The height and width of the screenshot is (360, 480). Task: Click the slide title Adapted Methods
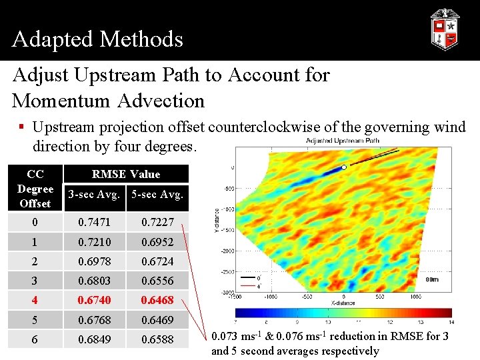(x=97, y=39)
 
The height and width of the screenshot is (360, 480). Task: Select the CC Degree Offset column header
(x=35, y=188)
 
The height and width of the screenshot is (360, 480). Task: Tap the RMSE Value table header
(x=126, y=174)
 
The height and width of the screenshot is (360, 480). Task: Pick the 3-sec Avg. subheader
(x=94, y=195)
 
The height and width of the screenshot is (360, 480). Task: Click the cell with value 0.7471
(x=94, y=221)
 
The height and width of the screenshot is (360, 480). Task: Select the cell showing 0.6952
(x=157, y=241)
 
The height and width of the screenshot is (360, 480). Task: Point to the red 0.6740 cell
(x=94, y=300)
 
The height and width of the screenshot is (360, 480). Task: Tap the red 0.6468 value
(x=157, y=300)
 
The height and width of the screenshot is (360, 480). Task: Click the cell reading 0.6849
(x=94, y=339)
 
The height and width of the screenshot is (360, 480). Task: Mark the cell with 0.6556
(x=157, y=281)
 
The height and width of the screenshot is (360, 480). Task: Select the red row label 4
(x=35, y=300)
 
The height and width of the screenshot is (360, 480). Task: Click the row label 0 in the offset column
(x=35, y=221)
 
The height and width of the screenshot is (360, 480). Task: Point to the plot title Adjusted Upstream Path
(x=343, y=141)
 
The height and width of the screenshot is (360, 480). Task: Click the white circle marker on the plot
(x=343, y=167)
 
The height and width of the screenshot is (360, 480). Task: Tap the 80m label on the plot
(x=431, y=279)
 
